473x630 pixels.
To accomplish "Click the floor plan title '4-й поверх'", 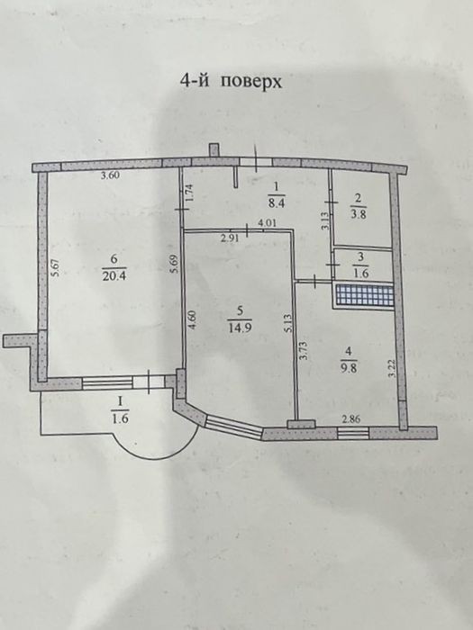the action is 231,82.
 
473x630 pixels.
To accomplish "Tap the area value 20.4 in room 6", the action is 114,276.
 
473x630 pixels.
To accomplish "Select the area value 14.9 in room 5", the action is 240,327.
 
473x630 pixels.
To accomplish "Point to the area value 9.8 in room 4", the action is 349,367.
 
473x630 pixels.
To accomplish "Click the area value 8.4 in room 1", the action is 277,202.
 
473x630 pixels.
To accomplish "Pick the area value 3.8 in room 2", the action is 358,214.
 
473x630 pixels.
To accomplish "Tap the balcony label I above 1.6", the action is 120,401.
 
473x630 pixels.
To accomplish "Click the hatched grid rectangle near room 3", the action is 365,294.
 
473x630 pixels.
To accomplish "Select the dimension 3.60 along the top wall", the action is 110,175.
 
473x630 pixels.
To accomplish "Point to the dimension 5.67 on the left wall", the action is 56,267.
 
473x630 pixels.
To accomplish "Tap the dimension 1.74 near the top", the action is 190,191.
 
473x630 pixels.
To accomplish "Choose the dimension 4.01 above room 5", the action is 267,223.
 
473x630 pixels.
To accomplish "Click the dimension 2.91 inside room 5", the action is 230,238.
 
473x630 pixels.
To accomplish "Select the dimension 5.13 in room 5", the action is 287,323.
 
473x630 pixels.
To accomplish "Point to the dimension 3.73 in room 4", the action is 305,350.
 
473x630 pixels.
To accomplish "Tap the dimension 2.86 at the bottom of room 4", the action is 351,420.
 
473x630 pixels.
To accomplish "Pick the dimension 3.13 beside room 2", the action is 326,220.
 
